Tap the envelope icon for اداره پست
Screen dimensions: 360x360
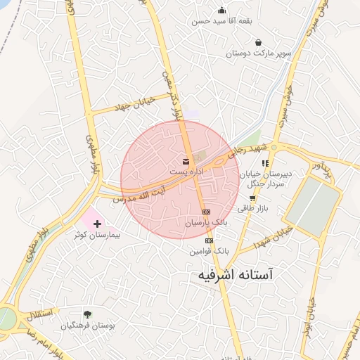click(x=186, y=161)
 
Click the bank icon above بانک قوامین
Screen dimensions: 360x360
click(x=209, y=240)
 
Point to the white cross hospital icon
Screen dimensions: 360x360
click(x=97, y=224)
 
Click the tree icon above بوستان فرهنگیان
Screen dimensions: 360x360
click(x=87, y=314)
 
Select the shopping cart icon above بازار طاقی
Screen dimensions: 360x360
click(x=252, y=199)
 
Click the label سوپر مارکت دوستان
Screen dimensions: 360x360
click(x=252, y=53)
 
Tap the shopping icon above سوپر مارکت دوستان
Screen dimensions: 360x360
click(x=258, y=42)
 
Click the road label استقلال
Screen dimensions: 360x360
click(x=33, y=312)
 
